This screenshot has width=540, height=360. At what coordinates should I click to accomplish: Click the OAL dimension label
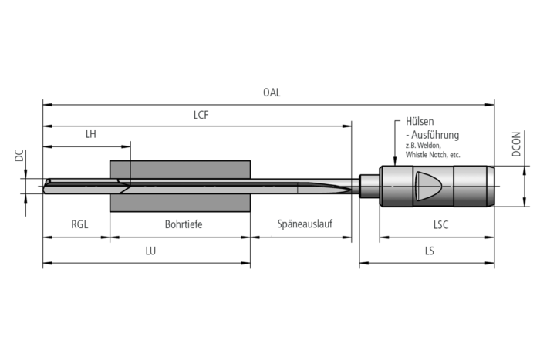coord(272,93)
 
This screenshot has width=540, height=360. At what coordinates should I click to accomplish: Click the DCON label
coord(516,144)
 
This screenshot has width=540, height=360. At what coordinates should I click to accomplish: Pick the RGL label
coord(79,225)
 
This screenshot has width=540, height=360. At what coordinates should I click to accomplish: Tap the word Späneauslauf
coord(304,225)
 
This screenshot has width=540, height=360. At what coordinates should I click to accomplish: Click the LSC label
coord(437,225)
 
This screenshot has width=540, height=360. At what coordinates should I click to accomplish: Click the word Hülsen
coord(419,122)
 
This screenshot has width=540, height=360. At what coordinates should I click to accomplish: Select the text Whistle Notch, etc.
coord(432,155)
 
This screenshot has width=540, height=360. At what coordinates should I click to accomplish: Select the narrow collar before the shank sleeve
coord(370,186)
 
